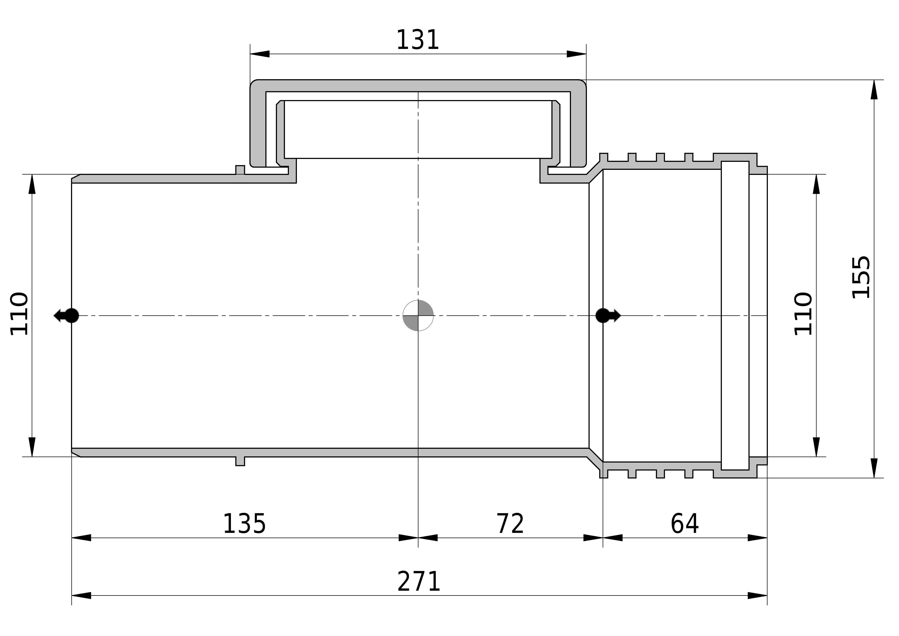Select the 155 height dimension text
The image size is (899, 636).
(x=861, y=277)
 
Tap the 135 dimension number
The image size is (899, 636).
(x=244, y=524)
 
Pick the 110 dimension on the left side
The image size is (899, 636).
(x=19, y=314)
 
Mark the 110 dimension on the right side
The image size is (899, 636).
(x=803, y=314)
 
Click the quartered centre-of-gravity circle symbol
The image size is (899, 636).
(x=418, y=315)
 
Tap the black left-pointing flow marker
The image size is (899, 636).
(x=66, y=315)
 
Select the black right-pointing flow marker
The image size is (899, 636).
(x=608, y=315)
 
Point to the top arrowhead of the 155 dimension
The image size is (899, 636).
(x=874, y=90)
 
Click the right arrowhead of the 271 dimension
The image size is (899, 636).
(x=757, y=596)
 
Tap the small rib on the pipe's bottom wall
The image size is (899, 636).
(x=240, y=461)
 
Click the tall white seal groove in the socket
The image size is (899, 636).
(x=735, y=315)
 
